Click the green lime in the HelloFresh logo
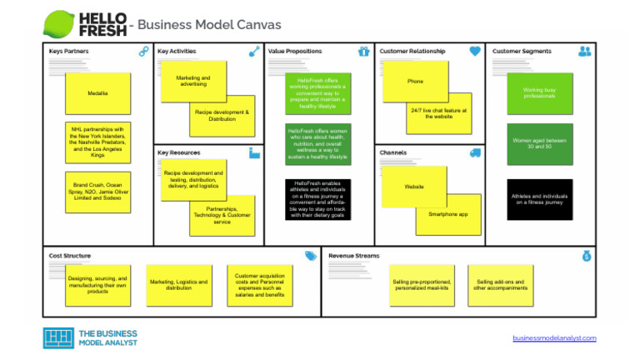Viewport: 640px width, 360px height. point(59,22)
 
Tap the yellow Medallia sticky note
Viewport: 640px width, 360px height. point(97,93)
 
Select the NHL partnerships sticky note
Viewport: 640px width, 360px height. point(97,142)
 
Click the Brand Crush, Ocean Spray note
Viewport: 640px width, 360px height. point(97,192)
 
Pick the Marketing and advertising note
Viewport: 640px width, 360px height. point(192,80)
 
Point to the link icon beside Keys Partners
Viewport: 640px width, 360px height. point(143,52)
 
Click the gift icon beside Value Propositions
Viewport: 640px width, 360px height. point(363,52)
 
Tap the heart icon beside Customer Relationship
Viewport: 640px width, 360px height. point(475,52)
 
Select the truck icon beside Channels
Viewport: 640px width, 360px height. point(475,153)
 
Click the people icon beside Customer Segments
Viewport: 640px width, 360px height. point(584,52)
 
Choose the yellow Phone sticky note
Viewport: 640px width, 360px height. point(415,82)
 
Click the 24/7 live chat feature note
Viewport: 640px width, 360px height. point(439,113)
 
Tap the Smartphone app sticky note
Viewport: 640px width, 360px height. point(448,214)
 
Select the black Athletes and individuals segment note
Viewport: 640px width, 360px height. point(540,199)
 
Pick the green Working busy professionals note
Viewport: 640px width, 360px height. point(540,92)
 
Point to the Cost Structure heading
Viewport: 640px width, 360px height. point(70,256)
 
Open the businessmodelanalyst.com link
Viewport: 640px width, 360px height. point(554,338)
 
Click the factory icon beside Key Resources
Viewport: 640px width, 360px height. point(254,153)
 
